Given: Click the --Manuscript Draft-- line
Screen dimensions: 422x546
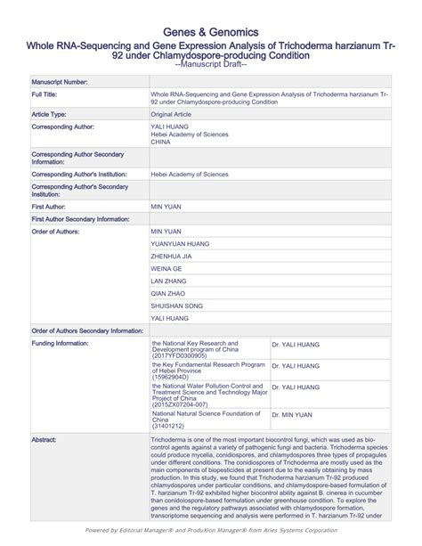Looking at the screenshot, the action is [x=211, y=64].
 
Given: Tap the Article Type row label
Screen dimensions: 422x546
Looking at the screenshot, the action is [x=55, y=115].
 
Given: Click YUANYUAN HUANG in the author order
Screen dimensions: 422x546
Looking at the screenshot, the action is [x=181, y=243].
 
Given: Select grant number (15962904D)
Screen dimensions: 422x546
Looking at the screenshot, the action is [x=171, y=377].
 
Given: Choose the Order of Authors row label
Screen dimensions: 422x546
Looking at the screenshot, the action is [x=56, y=231].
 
